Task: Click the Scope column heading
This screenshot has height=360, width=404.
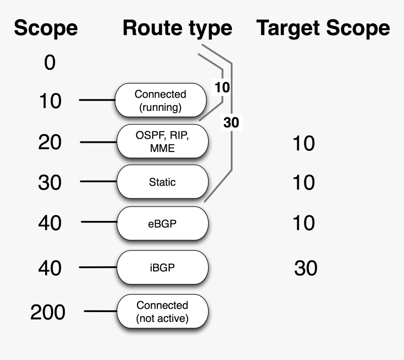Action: pos(46,29)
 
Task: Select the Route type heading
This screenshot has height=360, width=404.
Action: pos(177,29)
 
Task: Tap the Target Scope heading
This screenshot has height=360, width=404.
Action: pos(323,29)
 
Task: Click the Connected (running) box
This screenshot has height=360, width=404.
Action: pos(161,101)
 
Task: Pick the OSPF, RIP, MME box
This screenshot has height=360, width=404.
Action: pos(162,141)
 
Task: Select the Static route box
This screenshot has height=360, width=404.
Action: pos(162,181)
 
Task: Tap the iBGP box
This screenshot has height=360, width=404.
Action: pos(162,267)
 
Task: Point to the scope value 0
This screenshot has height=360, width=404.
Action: pos(50,63)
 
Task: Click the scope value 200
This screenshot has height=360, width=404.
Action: pos(48,312)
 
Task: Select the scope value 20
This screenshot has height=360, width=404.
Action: pos(50,142)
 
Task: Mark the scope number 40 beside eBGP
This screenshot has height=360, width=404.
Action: pos(50,223)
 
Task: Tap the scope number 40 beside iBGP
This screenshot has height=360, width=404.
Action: pos(50,268)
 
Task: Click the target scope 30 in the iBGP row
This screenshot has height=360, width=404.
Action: pos(306,268)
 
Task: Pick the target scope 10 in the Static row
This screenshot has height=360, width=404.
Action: pos(303,182)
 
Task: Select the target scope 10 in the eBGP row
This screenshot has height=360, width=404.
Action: pos(303,223)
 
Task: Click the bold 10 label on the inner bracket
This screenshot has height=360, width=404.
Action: pos(222,87)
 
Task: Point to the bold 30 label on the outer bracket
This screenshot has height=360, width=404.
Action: pos(231,123)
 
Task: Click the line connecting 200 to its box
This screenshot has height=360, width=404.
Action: pos(100,312)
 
